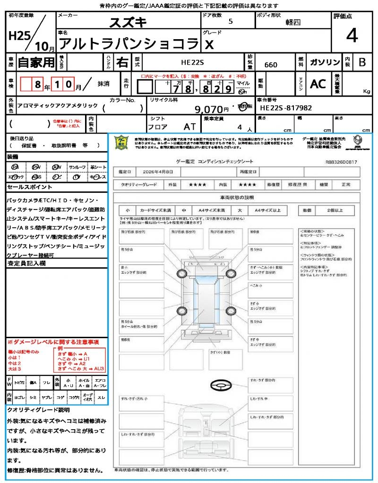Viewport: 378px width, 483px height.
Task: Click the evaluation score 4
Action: tap(351, 36)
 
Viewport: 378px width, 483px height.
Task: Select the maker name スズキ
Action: tap(128, 22)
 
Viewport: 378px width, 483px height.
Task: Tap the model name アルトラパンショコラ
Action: tap(128, 43)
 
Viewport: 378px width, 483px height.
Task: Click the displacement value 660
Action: tap(271, 65)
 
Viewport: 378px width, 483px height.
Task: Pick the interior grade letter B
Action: tap(362, 62)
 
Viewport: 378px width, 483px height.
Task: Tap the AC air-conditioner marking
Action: tap(318, 83)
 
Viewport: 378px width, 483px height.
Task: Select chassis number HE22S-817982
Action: tap(286, 108)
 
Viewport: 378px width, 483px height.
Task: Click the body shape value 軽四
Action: tap(293, 22)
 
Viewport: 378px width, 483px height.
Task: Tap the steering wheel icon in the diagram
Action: tap(221, 385)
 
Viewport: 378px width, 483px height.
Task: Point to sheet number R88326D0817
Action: tap(341, 162)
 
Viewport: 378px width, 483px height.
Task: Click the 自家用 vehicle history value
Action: tap(36, 62)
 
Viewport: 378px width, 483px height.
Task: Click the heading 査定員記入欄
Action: tap(26, 264)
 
